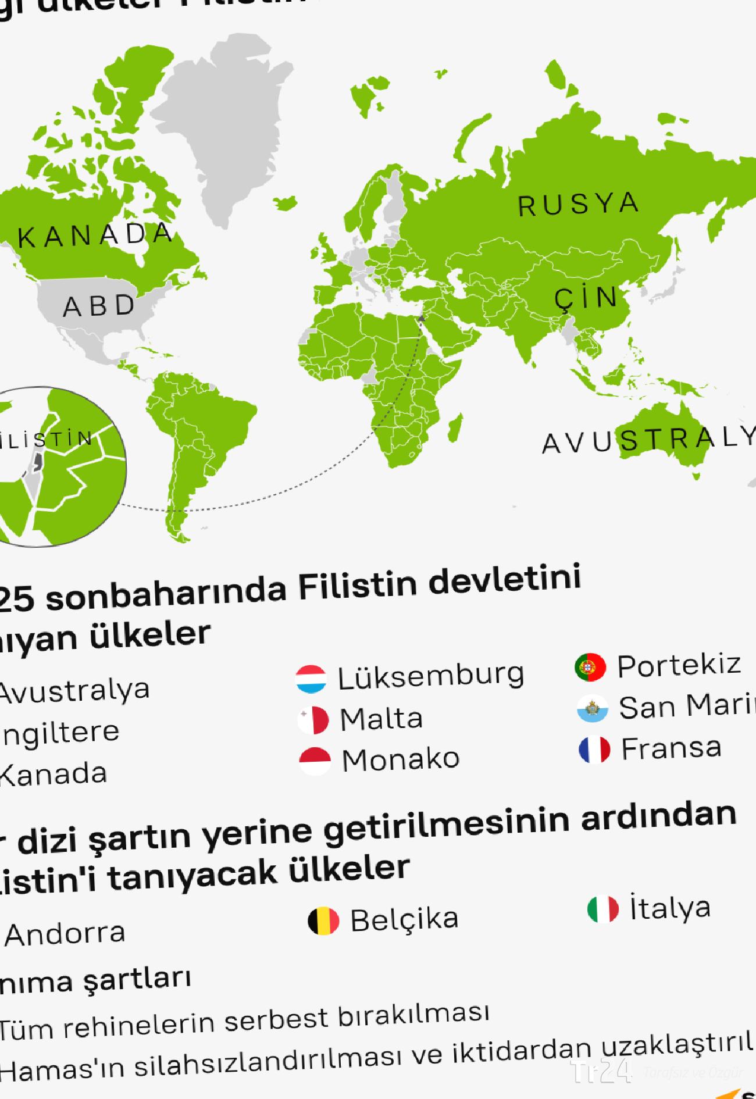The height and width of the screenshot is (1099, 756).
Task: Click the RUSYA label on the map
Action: (579, 204)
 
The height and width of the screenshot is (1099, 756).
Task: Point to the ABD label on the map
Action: (99, 306)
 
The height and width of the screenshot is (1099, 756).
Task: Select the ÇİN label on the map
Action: (586, 298)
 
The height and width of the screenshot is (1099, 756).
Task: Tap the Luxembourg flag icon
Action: (311, 679)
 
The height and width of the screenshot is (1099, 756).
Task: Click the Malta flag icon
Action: (313, 720)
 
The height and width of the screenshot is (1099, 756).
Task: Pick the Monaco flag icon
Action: (315, 761)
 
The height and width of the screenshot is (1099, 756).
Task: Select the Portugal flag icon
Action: (590, 667)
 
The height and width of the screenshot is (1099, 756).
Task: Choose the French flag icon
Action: (594, 750)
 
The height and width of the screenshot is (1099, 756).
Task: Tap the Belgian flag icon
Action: (323, 921)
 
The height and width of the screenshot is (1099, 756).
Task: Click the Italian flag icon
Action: (603, 909)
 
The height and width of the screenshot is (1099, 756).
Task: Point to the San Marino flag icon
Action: (593, 709)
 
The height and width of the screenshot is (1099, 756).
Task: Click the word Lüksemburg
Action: (431, 676)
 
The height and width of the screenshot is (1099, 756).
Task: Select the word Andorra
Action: (65, 934)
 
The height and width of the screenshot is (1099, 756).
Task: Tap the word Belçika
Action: (404, 919)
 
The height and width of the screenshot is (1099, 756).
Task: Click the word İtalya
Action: (670, 908)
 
